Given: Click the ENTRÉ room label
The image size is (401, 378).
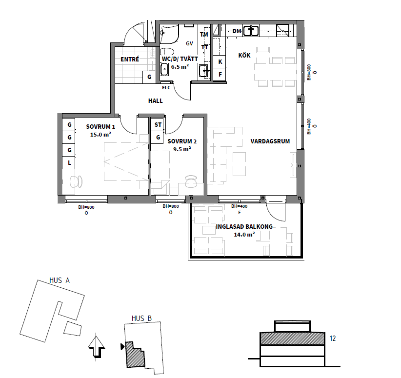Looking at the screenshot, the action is point(130,60).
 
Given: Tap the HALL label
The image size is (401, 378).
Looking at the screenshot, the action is point(156,101).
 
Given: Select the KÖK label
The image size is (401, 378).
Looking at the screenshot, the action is point(244,55).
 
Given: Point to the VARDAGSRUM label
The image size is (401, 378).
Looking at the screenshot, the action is point(270,141).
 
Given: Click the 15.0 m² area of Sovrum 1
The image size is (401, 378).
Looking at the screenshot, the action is point(100,134).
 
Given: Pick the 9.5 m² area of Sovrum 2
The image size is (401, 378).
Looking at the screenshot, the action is point(182,149).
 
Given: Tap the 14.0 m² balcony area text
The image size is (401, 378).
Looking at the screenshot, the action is point(244,234).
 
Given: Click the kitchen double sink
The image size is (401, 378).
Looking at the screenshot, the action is point(251,31).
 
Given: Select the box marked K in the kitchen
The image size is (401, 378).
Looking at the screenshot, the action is point(220,61).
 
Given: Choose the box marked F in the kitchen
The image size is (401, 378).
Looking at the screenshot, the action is point(220,75).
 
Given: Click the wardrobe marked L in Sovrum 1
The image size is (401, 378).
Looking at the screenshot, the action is point(69,162).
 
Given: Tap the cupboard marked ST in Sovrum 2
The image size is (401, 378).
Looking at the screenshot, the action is point(158,124).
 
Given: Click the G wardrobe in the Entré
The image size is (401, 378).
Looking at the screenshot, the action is point(149,77).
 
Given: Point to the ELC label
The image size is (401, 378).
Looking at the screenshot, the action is point(166,88).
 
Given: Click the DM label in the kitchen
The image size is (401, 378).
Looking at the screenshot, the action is point(237,31).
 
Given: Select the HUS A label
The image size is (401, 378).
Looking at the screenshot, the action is point(60,280).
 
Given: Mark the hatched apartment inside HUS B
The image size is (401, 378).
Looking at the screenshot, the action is point(135,355).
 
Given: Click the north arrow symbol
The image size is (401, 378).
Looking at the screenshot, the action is point(97,347).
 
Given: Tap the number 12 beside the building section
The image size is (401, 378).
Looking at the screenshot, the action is point(333,338).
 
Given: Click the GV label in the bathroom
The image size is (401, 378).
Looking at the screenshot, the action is point(189,43).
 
